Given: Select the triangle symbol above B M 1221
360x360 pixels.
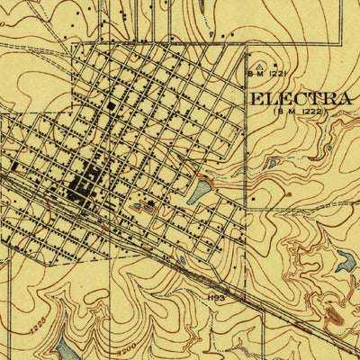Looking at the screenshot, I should (259, 66).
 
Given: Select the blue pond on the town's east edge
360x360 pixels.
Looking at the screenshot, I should (200, 191).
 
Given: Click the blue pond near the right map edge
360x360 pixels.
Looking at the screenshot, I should (345, 262).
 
